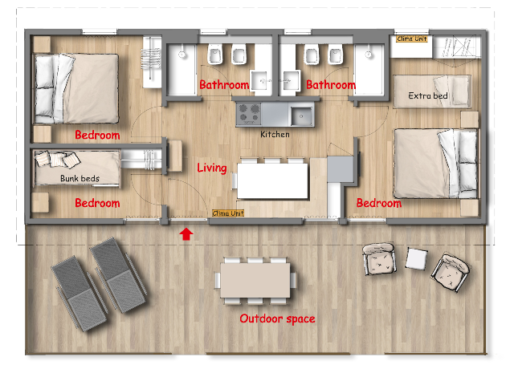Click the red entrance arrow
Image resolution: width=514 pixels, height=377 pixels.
coord(186,234)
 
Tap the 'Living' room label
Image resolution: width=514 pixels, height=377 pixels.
coord(212,168)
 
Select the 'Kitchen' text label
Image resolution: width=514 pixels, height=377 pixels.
coord(275,134)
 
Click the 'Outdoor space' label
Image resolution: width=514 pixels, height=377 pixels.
coord(277,318)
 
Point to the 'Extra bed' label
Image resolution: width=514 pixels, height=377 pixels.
coord(428,95)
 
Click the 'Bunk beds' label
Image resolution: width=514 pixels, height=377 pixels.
coord(80,178)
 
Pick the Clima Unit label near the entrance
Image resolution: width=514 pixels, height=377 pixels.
coord(228,213)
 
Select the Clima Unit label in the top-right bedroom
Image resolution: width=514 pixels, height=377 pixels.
coord(412,39)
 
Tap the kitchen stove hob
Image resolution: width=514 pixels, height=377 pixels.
coord(249,113)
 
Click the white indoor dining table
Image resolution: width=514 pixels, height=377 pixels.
coord(272,180)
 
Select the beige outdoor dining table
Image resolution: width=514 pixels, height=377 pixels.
coord(255,281)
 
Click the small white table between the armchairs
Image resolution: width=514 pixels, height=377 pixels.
coord(416,258)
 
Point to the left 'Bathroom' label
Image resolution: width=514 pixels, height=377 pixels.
coord(224,85)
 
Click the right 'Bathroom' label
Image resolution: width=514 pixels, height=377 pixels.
coord(331,85)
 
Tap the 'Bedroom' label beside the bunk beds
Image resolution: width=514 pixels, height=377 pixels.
coord(97,203)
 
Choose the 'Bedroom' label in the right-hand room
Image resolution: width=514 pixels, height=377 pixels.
coord(379,203)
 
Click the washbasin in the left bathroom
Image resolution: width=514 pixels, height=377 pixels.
coord(261,80)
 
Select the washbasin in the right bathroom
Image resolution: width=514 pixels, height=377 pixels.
coord(289,80)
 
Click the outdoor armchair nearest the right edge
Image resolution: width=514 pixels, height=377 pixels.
coord(451,271)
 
